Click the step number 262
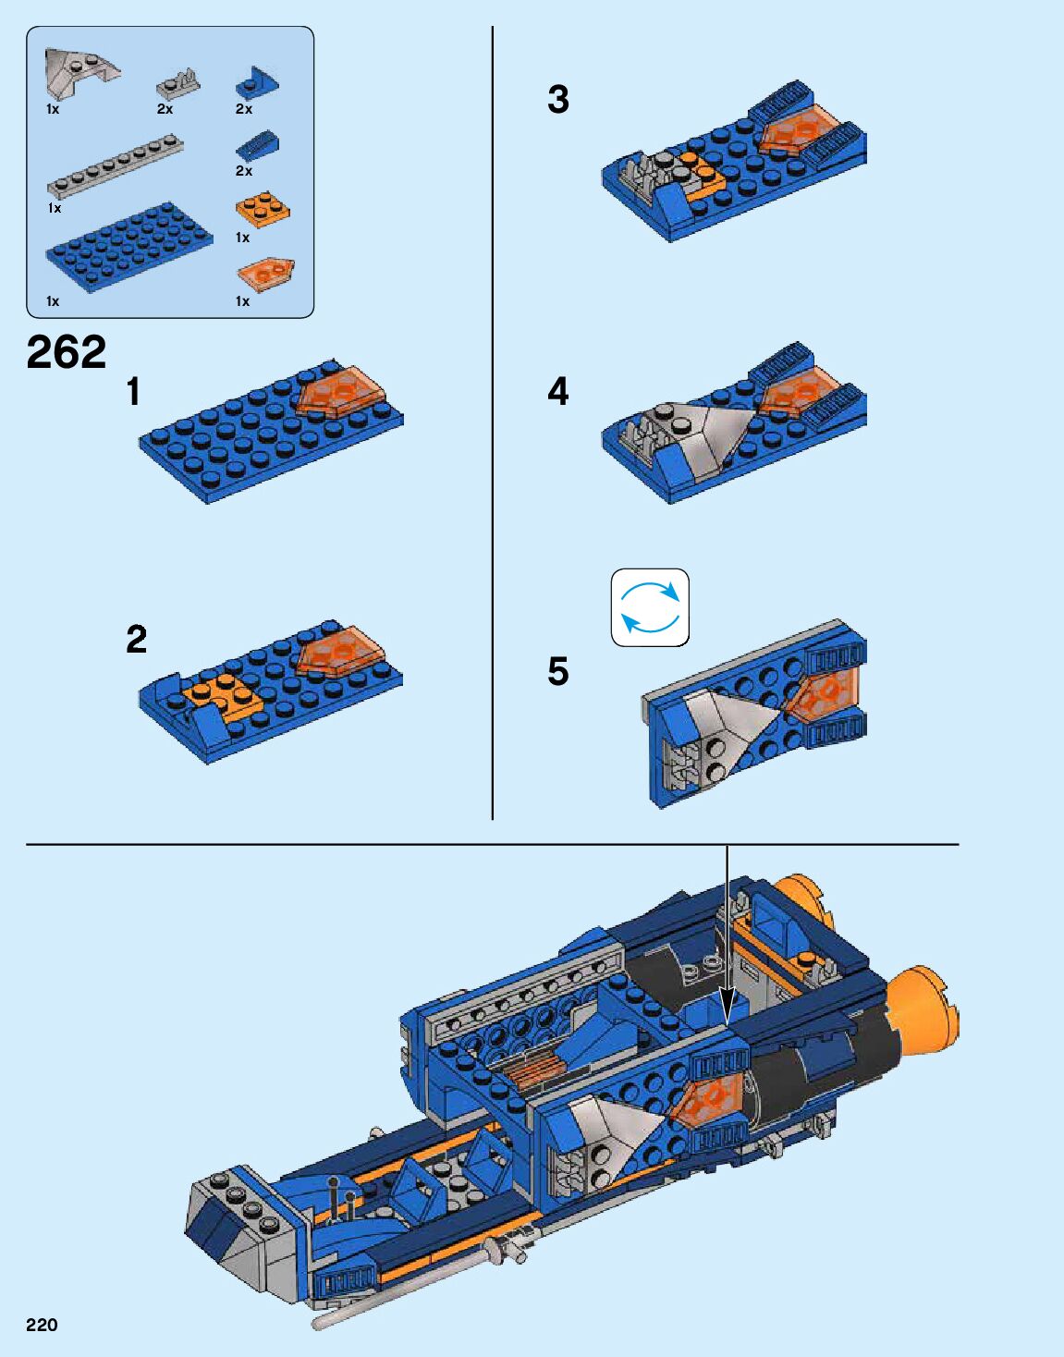(67, 352)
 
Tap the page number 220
(42, 1325)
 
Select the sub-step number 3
(558, 100)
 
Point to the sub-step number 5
(558, 671)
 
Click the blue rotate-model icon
(650, 607)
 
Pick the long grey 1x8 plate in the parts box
(116, 166)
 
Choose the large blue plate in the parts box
(129, 248)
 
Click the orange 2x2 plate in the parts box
(263, 209)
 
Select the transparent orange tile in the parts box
(265, 275)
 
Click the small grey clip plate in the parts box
(178, 85)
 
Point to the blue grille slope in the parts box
(257, 146)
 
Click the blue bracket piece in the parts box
(257, 82)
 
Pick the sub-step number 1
(133, 392)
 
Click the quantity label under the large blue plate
(53, 301)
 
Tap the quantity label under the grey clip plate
(165, 109)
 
